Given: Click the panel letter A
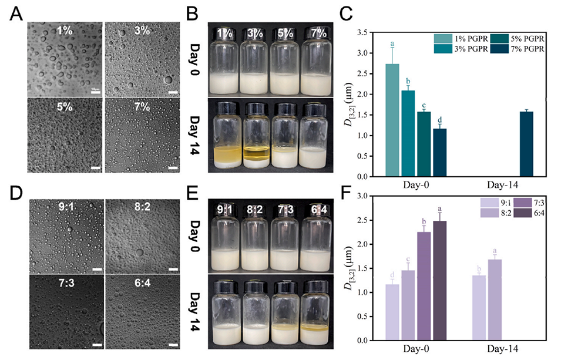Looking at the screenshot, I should pos(16,14).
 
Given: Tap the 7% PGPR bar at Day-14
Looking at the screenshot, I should pos(527,144).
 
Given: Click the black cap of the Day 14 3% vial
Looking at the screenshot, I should pos(257,109).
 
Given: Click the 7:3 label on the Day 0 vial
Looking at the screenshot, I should pos(281,208).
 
